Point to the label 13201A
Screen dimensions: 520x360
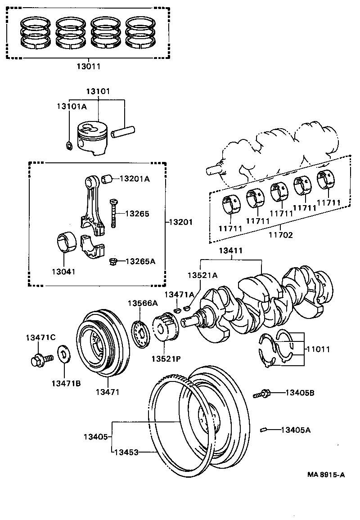pyautogui.click(x=134, y=179)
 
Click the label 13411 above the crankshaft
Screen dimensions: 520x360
pyautogui.click(x=231, y=250)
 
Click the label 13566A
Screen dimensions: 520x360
pyautogui.click(x=143, y=303)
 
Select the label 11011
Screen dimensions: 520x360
pyautogui.click(x=318, y=349)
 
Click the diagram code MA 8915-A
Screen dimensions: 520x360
pyautogui.click(x=326, y=475)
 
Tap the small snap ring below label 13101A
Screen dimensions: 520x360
pyautogui.click(x=69, y=145)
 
